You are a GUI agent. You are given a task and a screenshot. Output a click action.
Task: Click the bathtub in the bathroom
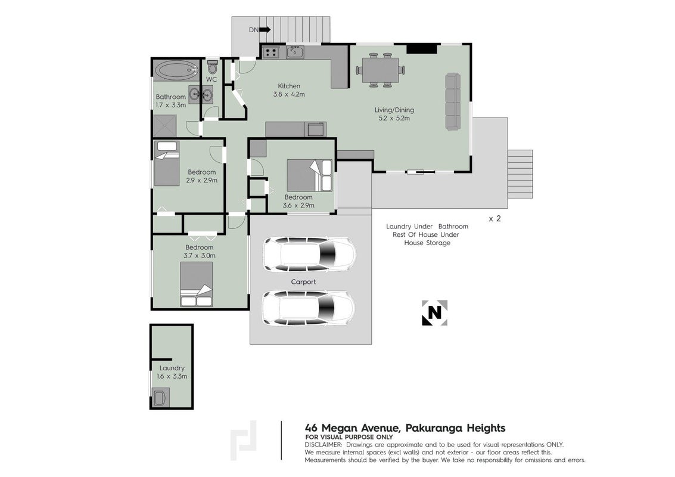[176, 70]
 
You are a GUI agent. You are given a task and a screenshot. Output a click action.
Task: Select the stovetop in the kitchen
[271, 52]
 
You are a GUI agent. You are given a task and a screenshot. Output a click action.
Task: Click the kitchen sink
[295, 52]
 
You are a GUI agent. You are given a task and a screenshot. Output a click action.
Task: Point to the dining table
[381, 70]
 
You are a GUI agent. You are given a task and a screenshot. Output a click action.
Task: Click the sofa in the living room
[452, 101]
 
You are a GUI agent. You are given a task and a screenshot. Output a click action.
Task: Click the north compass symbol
[435, 312]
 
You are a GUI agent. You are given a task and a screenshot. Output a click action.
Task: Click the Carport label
[303, 282]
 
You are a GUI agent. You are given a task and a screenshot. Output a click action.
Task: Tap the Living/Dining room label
[394, 110]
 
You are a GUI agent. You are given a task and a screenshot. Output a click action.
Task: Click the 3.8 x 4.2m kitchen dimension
[290, 94]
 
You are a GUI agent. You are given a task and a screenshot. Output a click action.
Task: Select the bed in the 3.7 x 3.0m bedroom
[196, 284]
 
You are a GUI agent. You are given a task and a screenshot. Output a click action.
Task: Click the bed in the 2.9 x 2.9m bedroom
[167, 163]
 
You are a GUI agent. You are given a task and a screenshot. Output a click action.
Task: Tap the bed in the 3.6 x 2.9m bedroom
[310, 175]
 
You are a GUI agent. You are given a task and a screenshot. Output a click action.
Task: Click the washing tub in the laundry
[159, 398]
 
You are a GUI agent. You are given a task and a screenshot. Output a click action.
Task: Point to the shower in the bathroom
[164, 126]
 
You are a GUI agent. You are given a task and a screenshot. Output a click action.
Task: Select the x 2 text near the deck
[494, 218]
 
